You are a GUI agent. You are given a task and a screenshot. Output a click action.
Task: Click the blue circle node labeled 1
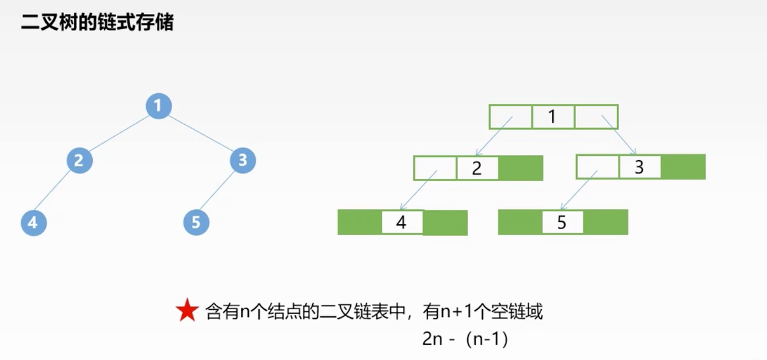(x=159, y=105)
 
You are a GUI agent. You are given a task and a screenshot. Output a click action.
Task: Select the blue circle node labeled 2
(x=79, y=161)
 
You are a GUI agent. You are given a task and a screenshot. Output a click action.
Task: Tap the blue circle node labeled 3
(x=243, y=161)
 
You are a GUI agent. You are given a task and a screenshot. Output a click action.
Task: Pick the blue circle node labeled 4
(x=34, y=223)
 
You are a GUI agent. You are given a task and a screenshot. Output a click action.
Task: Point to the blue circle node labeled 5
(x=196, y=223)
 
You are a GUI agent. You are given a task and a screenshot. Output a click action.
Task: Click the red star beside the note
(x=187, y=312)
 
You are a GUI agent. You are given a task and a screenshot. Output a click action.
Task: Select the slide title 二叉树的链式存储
(x=97, y=23)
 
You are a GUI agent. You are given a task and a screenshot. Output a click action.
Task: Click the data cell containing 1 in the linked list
(x=553, y=117)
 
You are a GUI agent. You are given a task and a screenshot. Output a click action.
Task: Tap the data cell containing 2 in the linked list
(x=477, y=168)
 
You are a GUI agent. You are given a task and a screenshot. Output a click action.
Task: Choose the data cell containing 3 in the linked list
(x=640, y=167)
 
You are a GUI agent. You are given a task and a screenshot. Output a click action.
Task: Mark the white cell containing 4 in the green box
(x=402, y=223)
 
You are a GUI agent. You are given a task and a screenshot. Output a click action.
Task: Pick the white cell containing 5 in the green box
(x=562, y=223)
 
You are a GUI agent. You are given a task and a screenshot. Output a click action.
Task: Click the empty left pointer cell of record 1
(x=510, y=117)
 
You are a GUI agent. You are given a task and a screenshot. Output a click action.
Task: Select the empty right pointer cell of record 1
(x=596, y=117)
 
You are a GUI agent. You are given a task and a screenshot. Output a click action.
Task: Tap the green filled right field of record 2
(x=520, y=168)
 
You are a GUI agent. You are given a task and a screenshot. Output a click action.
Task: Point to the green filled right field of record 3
(x=683, y=167)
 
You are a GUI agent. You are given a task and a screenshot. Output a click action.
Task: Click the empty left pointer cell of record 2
(x=435, y=168)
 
